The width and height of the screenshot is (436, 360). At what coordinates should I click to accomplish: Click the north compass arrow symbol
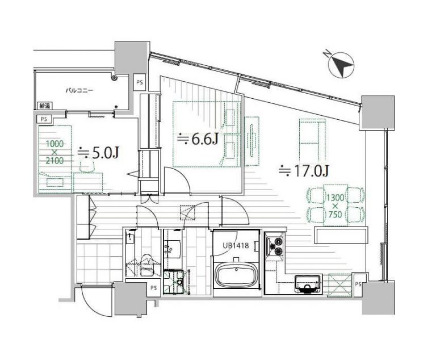point(341,65)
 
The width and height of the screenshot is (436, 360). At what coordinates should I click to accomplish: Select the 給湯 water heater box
point(44,106)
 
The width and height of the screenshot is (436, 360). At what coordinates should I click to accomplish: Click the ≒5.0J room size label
point(99,153)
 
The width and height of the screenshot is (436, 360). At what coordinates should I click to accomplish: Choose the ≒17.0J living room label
point(304,170)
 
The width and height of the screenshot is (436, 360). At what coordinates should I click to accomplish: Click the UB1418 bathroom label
point(235,246)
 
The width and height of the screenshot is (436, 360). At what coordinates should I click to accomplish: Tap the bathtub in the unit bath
point(237,274)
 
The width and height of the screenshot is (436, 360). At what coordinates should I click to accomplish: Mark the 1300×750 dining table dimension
point(335,206)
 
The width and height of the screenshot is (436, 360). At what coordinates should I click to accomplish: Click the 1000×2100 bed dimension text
point(54,152)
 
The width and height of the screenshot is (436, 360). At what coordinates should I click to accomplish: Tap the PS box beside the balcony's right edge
point(139,83)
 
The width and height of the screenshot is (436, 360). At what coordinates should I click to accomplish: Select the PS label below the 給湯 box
point(44,119)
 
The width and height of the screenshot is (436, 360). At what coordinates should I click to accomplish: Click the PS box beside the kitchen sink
point(358,284)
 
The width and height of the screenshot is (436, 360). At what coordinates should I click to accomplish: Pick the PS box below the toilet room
point(153,288)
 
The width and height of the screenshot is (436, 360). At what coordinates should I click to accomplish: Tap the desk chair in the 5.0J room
point(87,166)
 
